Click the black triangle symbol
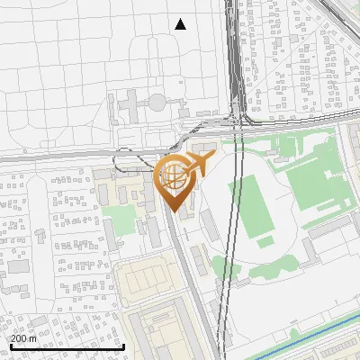(181, 24)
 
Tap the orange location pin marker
(174, 181)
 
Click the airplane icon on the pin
(201, 163)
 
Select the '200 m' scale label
(23, 337)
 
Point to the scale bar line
(67, 347)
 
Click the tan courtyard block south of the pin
(149, 280)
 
